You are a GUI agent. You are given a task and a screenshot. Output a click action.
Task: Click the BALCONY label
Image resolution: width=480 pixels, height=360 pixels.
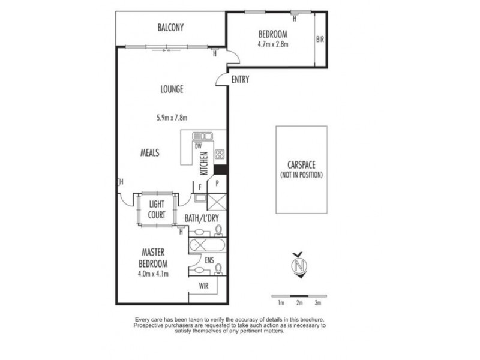(170, 28)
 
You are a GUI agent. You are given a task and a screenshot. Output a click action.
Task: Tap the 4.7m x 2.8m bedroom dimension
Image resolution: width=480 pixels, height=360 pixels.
(273, 44)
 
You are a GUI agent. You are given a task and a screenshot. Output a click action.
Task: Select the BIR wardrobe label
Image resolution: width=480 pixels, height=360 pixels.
(320, 39)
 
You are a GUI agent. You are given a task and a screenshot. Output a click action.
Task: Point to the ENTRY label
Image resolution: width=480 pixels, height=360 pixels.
(240, 80)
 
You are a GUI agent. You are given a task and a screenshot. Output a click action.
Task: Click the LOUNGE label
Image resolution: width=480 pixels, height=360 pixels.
(172, 89)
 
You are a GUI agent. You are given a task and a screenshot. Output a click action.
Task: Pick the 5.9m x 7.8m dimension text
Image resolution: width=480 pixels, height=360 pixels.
(172, 118)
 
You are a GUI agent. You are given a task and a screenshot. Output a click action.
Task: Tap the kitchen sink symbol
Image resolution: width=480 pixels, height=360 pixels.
(202, 136)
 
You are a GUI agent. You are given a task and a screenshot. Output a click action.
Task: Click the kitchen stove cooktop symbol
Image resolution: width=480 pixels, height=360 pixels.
(220, 154)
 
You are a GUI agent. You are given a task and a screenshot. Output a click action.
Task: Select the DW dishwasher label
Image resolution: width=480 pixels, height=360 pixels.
(198, 146)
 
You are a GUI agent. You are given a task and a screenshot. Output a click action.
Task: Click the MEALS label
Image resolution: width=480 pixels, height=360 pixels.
(149, 152)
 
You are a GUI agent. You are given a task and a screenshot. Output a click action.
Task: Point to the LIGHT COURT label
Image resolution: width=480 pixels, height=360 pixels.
(157, 209)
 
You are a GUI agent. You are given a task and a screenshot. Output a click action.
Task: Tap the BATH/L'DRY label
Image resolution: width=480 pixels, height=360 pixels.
(202, 218)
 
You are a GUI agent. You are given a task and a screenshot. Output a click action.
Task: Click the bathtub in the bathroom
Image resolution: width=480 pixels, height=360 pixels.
(207, 245)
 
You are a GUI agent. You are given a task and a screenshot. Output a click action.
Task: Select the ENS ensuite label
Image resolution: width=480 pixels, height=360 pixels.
(209, 260)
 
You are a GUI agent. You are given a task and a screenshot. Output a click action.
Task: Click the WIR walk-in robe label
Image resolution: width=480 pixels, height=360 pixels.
(203, 286)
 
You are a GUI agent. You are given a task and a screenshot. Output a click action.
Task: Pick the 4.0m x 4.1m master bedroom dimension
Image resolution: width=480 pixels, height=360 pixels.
(153, 274)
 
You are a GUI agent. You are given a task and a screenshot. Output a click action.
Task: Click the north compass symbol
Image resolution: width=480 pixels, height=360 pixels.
(299, 265)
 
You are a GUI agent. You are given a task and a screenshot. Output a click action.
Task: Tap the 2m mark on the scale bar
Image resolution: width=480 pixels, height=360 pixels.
(299, 303)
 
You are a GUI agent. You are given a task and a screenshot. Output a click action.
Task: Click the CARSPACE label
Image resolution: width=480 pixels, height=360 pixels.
(301, 165)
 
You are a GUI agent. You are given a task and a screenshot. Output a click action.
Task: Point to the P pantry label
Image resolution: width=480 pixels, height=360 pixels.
(217, 184)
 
